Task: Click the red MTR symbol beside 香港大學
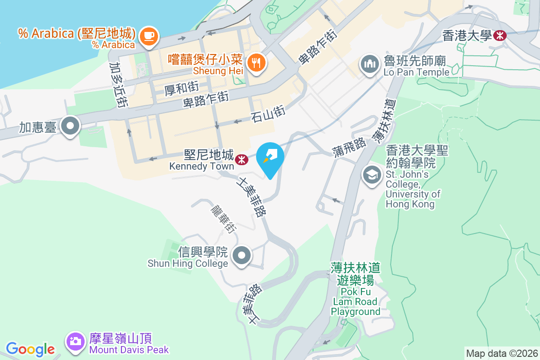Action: pyautogui.click(x=500, y=36)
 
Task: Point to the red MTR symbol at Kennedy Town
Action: pyautogui.click(x=242, y=158)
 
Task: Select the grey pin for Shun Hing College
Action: pyautogui.click(x=242, y=256)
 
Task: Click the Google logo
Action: pyautogui.click(x=30, y=349)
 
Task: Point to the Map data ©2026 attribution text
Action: pyautogui.click(x=502, y=353)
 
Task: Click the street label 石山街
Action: pyautogui.click(x=268, y=112)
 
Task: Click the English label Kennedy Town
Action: pyautogui.click(x=202, y=166)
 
